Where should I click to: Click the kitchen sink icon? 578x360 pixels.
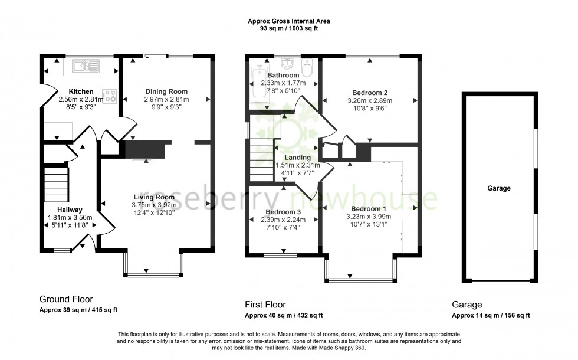pos(86,66)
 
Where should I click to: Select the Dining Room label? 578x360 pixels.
pos(166,91)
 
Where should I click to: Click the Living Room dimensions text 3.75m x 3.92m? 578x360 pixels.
pos(154,205)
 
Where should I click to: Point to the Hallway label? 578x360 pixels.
pos(70,210)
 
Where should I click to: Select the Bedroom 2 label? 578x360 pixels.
pos(369,93)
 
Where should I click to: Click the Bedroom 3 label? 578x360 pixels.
pos(283,212)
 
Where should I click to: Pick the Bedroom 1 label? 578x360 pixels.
pos(369,209)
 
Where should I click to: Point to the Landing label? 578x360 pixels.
pos(297,158)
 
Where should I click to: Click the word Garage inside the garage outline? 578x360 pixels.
pos(498,188)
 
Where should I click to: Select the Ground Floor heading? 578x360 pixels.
pos(66,299)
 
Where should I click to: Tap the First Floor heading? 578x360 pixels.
pos(265,305)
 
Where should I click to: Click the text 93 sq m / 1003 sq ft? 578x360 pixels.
pos(288,28)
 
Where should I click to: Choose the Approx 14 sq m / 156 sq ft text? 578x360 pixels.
pos(491,316)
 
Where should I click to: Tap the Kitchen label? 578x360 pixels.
pos(81,91)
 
